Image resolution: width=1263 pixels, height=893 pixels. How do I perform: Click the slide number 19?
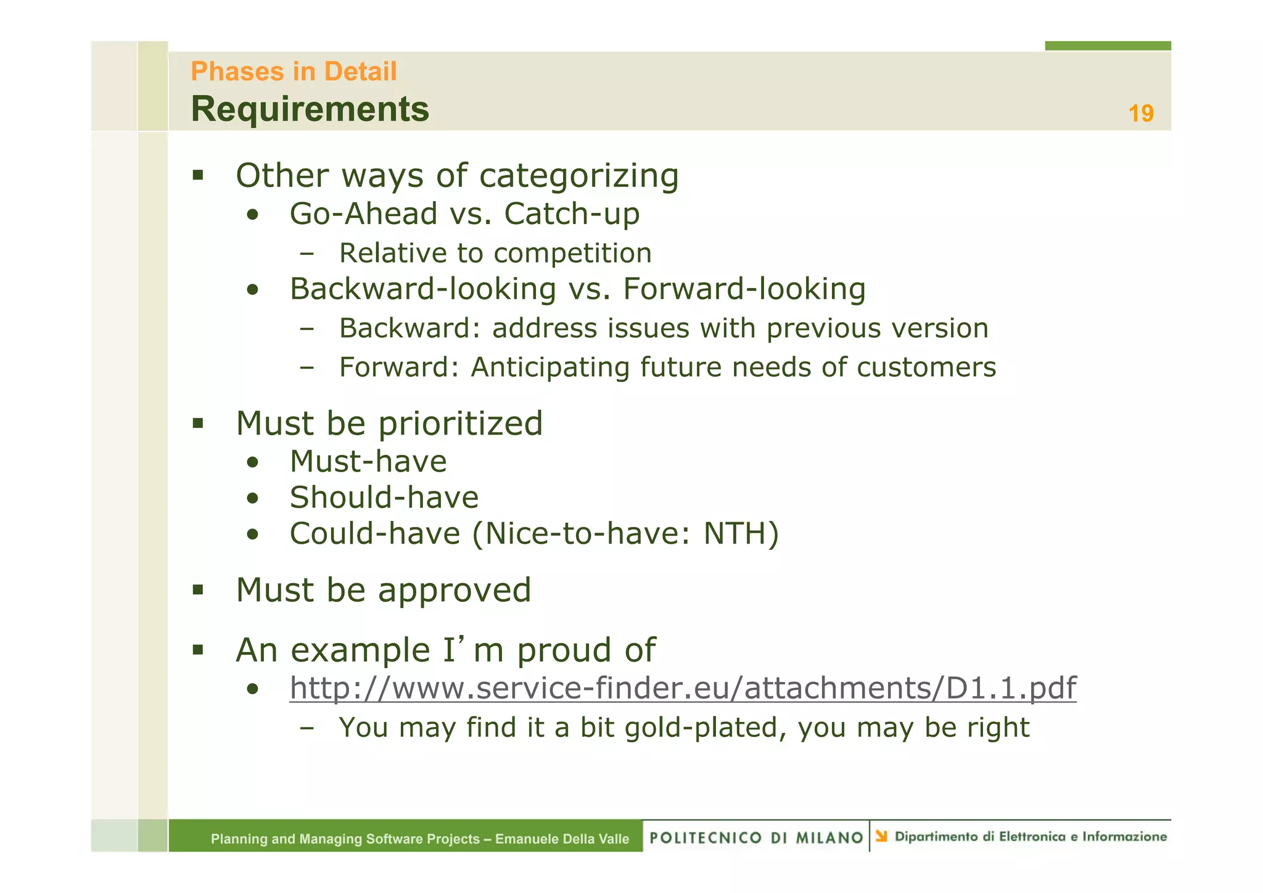(1140, 114)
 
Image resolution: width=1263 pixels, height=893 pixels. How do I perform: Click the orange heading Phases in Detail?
(294, 72)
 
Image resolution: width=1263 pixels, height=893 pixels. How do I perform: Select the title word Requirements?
(310, 109)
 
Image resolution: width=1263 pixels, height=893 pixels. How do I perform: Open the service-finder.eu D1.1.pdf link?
(683, 687)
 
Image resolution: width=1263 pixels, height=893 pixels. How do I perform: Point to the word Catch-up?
(572, 214)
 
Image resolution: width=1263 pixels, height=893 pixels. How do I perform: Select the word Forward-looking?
(744, 289)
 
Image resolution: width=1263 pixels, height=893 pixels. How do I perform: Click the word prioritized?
(460, 423)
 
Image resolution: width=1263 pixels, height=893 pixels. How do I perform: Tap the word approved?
(454, 590)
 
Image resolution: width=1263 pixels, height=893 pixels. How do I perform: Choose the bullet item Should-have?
(384, 497)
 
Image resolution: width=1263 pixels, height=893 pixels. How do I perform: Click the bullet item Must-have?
(368, 462)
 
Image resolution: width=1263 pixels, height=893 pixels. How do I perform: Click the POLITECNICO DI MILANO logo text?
(756, 837)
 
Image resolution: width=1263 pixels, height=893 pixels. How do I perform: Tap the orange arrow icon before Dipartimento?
(881, 836)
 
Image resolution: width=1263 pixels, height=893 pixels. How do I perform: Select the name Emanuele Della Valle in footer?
(562, 839)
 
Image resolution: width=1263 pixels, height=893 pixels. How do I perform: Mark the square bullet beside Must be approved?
(197, 589)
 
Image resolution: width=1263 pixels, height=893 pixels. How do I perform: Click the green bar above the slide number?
(1107, 46)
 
